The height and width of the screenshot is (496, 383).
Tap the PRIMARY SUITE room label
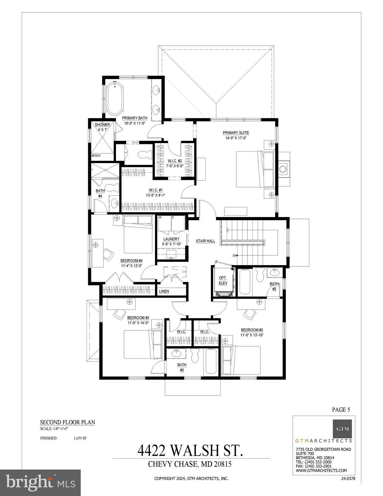pyautogui.click(x=236, y=133)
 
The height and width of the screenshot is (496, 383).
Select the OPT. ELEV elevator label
pyautogui.click(x=223, y=280)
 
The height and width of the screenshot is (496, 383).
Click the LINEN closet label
pyautogui.click(x=164, y=291)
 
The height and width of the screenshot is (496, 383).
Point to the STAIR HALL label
pyautogui.click(x=205, y=241)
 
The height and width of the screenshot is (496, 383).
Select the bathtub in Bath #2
pyautogui.click(x=245, y=282)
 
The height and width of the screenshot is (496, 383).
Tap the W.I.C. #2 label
pyautogui.click(x=175, y=161)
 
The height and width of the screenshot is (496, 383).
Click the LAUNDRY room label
pyautogui.click(x=171, y=239)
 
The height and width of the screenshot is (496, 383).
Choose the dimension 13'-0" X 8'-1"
pyautogui.click(x=157, y=195)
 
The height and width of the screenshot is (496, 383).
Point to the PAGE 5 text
pyautogui.click(x=341, y=410)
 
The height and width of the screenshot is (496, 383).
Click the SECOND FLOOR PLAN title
pyautogui.click(x=67, y=422)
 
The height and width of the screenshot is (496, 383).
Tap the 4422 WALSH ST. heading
pyautogui.click(x=190, y=450)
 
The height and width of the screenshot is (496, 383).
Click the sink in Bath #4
pyautogui.click(x=114, y=203)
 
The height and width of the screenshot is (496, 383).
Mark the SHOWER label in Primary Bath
pyautogui.click(x=102, y=125)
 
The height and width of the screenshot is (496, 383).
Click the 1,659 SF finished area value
pyautogui.click(x=80, y=438)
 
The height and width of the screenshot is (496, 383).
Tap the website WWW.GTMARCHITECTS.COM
pyautogui.click(x=321, y=470)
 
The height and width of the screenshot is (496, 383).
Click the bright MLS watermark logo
pyautogui.click(x=40, y=483)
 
